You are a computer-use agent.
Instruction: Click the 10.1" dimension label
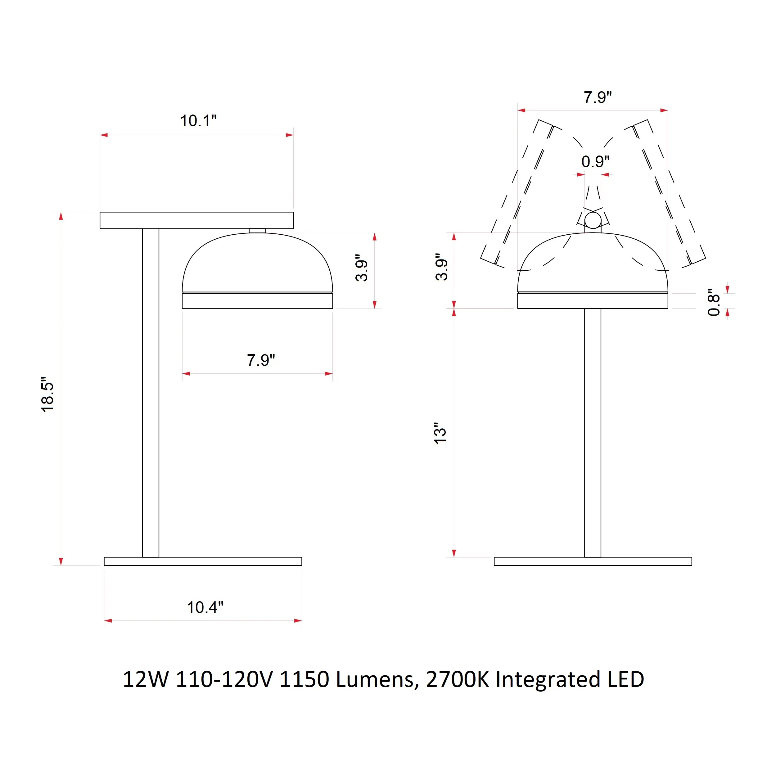[198, 121]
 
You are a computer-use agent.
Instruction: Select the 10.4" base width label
[205, 607]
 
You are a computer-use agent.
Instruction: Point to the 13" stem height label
[440, 433]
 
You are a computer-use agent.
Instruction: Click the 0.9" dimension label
[595, 161]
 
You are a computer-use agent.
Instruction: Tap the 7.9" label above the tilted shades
[598, 97]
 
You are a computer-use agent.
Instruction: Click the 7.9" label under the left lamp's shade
[261, 360]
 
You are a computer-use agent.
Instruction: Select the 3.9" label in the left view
[362, 268]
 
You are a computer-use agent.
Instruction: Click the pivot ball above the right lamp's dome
[593, 220]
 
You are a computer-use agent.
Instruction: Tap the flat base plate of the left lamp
[203, 562]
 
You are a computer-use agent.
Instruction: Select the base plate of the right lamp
[593, 562]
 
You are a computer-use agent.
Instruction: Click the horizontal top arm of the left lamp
[196, 220]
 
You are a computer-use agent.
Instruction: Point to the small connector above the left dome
[257, 231]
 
